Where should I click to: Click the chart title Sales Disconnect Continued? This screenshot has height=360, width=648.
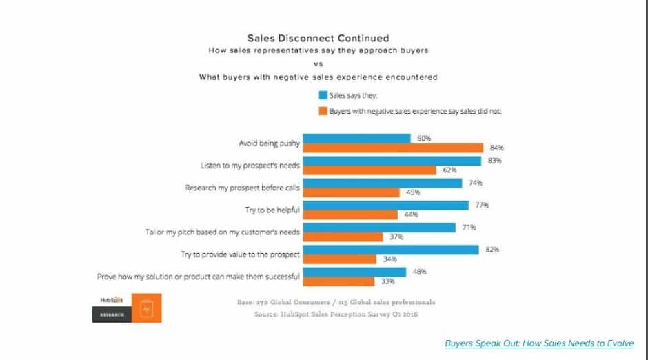click(318, 39)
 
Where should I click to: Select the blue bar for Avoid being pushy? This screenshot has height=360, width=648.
click(357, 139)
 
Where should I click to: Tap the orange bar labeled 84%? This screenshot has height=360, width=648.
click(394, 148)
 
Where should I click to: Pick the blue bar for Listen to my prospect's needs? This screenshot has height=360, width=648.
click(392, 161)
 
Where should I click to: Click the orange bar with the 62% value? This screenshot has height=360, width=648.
click(370, 170)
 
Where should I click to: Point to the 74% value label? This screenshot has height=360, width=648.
click(476, 183)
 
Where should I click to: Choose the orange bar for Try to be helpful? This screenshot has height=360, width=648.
click(351, 214)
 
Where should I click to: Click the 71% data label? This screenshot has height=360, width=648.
click(469, 227)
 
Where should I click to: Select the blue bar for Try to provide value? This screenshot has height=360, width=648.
click(391, 250)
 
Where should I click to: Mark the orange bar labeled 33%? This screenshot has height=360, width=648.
click(338, 281)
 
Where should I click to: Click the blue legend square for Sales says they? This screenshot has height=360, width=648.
click(322, 96)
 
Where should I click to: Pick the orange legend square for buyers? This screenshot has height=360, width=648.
click(322, 111)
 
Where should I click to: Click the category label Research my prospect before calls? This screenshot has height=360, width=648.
click(243, 188)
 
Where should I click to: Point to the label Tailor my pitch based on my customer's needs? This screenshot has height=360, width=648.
click(223, 232)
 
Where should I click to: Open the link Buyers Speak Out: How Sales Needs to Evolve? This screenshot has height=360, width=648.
click(538, 343)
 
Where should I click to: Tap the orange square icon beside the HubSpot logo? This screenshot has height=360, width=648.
click(145, 308)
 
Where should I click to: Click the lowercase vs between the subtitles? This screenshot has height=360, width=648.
click(318, 63)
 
